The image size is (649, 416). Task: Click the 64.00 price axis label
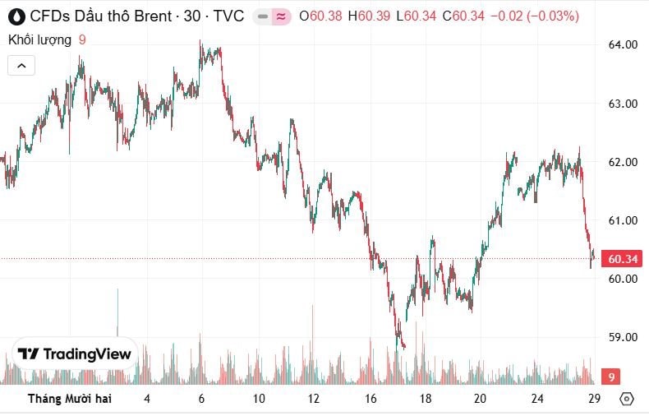point(622,44)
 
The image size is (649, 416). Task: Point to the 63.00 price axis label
point(622,104)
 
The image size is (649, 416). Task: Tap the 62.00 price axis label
point(622,162)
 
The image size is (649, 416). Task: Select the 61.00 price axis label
point(622,220)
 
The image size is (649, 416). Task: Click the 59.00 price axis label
point(622,337)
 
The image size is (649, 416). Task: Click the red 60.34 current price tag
point(622,260)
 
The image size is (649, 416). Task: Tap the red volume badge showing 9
point(610,377)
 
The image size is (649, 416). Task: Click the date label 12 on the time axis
point(313,399)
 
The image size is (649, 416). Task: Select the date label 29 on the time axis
point(595,399)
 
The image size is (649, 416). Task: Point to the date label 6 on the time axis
point(201,399)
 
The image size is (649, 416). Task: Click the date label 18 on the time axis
point(425,399)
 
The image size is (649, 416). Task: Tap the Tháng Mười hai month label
point(69,399)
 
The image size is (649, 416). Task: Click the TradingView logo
point(75,354)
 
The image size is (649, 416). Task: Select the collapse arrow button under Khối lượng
point(21,65)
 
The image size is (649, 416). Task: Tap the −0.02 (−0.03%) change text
point(534,16)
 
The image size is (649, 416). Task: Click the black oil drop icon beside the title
point(15,16)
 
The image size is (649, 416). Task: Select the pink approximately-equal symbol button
point(281,16)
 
